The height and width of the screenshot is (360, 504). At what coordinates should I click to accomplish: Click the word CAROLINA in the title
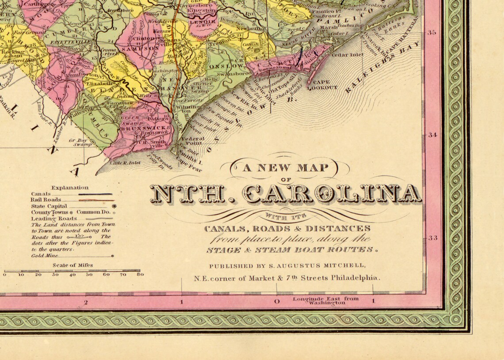pos(332,194)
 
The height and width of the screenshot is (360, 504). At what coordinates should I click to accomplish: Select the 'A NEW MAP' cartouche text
pos(285,167)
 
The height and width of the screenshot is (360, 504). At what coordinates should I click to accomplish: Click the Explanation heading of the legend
pos(70,187)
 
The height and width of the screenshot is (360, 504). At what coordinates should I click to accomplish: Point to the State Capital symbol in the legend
pos(114,206)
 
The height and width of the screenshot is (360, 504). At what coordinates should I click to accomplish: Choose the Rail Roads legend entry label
pos(46,200)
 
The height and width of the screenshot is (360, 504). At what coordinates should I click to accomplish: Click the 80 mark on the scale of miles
pos(140,274)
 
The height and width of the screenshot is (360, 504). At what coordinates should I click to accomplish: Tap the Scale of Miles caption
pos(73,265)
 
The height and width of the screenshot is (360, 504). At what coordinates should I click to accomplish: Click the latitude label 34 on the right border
pos(432,135)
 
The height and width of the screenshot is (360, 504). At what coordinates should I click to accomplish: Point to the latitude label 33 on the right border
pos(432,238)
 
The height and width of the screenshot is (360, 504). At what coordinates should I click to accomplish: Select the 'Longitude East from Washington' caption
pos(326,300)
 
